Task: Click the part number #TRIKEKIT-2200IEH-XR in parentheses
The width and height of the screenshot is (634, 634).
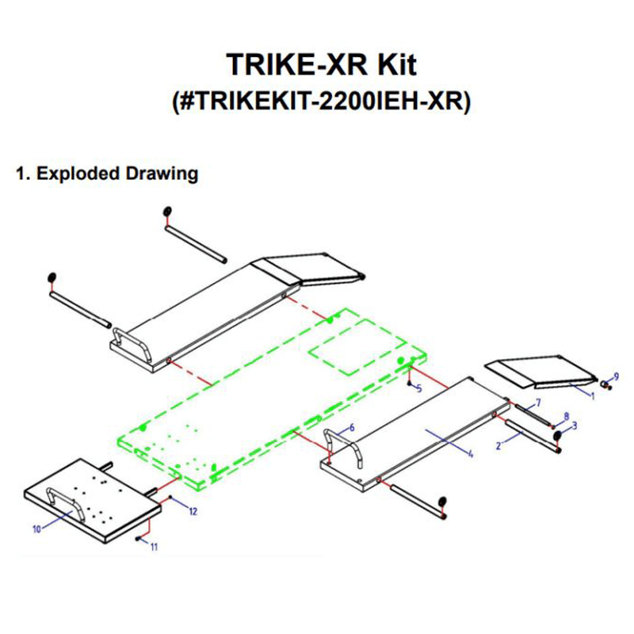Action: click(x=320, y=102)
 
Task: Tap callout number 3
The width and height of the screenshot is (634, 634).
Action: click(x=575, y=426)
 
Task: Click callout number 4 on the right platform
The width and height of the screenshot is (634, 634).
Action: click(x=470, y=454)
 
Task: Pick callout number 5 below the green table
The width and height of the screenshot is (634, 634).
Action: click(x=419, y=388)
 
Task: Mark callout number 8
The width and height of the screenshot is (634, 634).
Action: click(x=566, y=415)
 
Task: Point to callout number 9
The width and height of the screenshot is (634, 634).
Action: click(x=616, y=374)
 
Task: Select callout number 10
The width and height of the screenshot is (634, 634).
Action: click(x=36, y=530)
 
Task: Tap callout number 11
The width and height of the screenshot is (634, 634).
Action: click(x=155, y=547)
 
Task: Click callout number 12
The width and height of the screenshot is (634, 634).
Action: click(x=193, y=512)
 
